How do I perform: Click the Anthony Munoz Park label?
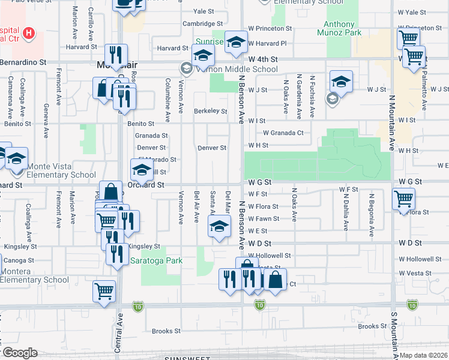[x=343, y=29]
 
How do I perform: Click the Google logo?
[x=20, y=353]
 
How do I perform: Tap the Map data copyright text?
[x=423, y=355]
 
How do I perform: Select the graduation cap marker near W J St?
[x=341, y=81]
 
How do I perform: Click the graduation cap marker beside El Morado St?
[x=142, y=170]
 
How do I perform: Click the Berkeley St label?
[x=210, y=111]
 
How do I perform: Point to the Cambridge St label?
[x=199, y=24]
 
